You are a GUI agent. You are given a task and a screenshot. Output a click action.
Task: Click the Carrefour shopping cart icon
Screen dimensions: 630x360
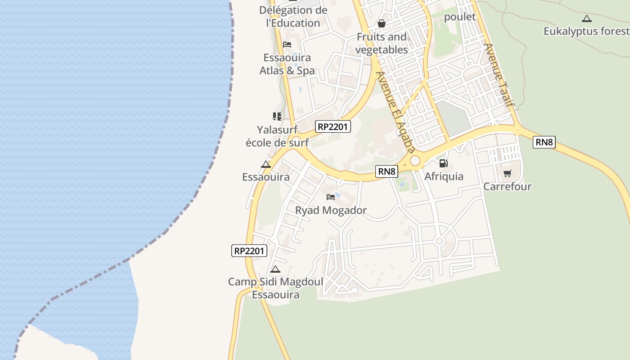(507, 174)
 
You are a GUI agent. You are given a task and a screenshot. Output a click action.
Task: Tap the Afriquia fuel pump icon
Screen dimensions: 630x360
(443, 163)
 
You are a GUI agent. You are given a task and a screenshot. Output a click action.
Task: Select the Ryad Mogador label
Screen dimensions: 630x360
(331, 210)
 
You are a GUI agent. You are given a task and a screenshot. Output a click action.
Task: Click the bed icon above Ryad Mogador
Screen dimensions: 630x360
(331, 197)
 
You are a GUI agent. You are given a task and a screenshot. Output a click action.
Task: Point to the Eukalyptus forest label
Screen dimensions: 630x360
(586, 31)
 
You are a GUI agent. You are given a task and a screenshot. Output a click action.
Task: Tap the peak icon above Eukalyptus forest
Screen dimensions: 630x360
(586, 19)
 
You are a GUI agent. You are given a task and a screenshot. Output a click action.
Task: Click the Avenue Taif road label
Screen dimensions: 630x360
(499, 75)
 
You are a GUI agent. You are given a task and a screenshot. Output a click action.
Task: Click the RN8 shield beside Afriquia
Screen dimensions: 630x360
(387, 171)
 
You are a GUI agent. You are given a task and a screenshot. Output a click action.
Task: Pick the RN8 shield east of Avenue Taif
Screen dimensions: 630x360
(544, 142)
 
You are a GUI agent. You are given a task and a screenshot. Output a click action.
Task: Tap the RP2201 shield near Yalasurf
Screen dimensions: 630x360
(333, 127)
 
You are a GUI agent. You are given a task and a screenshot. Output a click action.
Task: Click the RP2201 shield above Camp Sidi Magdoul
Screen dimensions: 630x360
(249, 251)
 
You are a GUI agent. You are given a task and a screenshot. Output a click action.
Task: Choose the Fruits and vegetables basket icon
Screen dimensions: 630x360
(382, 23)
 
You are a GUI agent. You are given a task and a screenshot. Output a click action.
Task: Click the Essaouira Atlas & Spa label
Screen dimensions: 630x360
(287, 64)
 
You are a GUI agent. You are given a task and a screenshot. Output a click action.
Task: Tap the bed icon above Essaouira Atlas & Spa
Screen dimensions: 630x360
(287, 45)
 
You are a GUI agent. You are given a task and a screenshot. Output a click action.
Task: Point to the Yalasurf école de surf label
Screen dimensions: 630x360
(277, 136)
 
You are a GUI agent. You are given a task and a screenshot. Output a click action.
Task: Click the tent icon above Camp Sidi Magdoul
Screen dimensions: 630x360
(275, 270)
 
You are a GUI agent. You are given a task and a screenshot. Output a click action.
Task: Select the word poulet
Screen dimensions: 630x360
(460, 17)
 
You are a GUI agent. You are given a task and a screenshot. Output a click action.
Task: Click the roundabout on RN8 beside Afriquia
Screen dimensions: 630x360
(414, 161)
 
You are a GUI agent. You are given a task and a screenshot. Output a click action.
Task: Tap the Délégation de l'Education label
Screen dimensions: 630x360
(293, 16)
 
